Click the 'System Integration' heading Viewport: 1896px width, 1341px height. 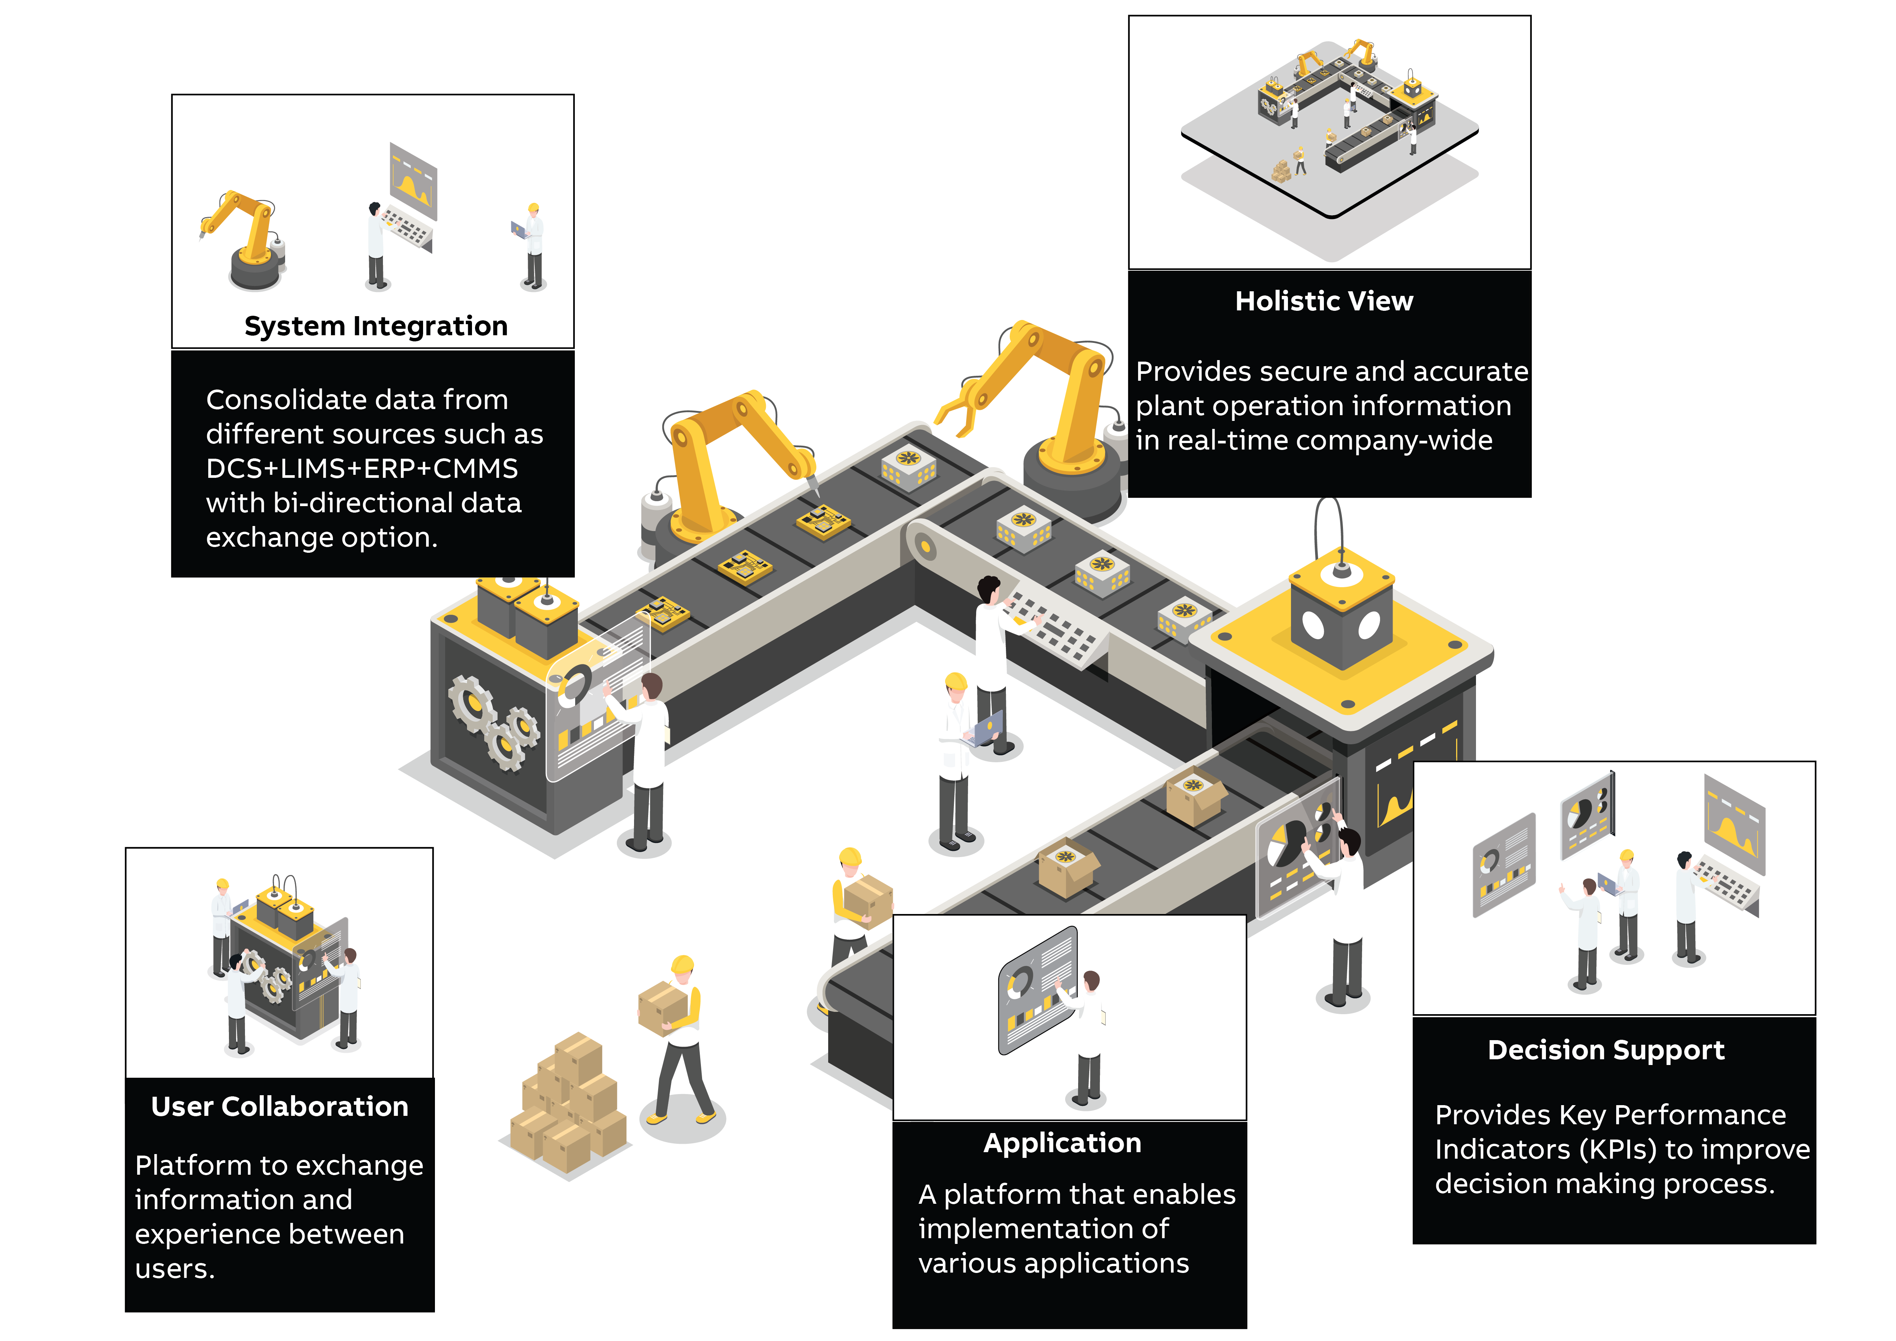[376, 326]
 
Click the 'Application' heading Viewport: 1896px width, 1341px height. [1063, 1144]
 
